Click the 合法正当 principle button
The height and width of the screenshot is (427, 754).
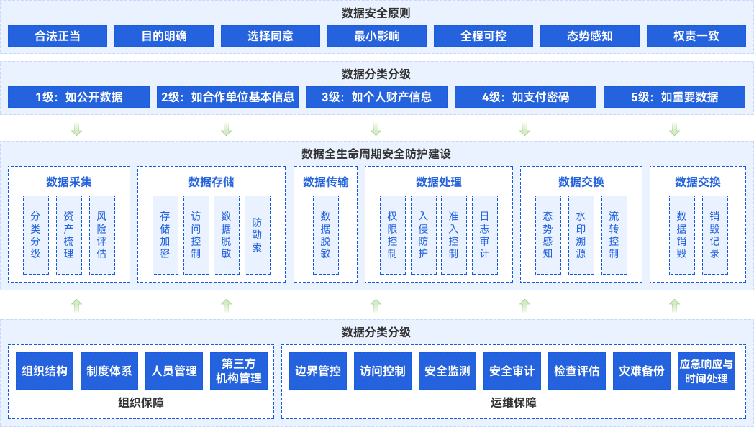(x=57, y=35)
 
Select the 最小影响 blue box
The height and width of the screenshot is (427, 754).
(x=377, y=35)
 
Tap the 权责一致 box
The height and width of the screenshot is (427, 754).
(x=696, y=35)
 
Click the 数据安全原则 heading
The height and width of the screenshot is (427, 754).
(x=376, y=12)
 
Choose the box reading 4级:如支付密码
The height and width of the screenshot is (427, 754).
(x=525, y=97)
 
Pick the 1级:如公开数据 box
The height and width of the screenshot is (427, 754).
(x=79, y=97)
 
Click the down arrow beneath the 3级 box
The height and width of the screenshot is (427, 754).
(x=376, y=129)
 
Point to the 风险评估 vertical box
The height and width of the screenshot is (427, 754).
(x=101, y=234)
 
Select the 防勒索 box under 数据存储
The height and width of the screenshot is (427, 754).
(x=257, y=234)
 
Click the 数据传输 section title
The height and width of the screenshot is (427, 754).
(x=326, y=182)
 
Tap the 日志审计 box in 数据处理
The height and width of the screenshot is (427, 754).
(x=484, y=234)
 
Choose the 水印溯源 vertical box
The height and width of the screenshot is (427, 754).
(x=581, y=234)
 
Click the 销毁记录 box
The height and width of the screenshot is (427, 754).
(x=714, y=234)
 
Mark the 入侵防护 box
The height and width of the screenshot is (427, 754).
(x=423, y=234)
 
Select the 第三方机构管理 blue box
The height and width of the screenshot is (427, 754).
(x=239, y=371)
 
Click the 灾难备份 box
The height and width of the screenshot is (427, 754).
(x=642, y=371)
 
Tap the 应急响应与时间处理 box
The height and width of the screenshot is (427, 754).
(x=707, y=371)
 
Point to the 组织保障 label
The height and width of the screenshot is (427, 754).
(x=141, y=403)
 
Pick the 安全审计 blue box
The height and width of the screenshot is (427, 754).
(x=512, y=371)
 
